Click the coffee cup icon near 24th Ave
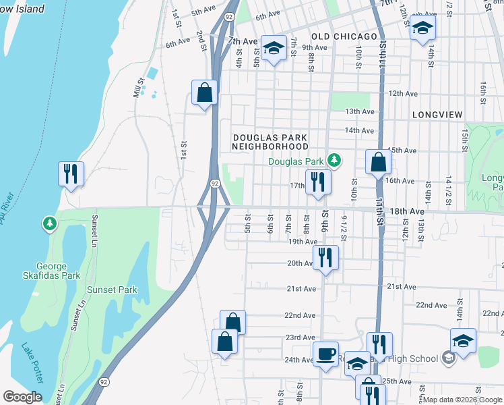point(326,353)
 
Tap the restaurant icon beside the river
point(71,173)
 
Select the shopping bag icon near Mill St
point(204,92)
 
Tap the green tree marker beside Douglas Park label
point(333,161)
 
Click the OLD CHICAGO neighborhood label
point(344,36)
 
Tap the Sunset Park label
point(112,290)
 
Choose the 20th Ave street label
point(301,263)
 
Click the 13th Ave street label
point(358,111)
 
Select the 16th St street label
point(483,88)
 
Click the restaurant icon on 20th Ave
point(325,256)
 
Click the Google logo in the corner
point(22,397)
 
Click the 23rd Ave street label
point(301,337)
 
